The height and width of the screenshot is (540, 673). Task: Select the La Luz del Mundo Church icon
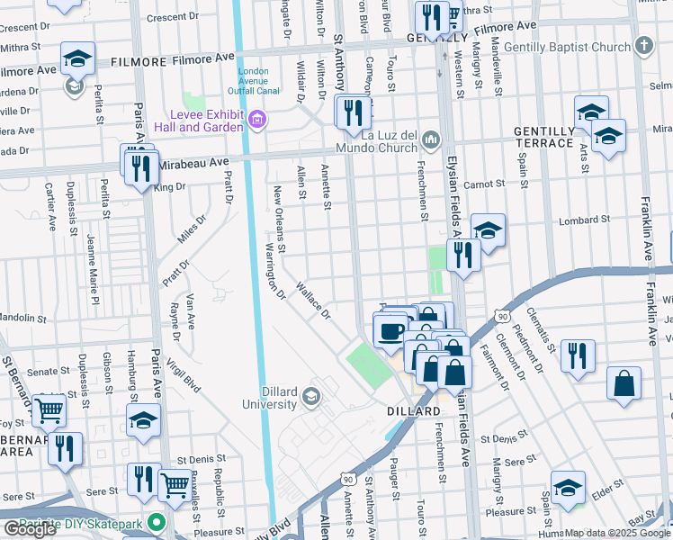click(432, 138)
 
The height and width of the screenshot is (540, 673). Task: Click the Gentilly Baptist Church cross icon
click(643, 45)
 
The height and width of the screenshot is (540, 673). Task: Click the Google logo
click(30, 529)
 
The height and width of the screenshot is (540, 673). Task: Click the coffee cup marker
click(390, 330)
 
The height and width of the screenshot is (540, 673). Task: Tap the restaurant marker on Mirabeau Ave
click(140, 168)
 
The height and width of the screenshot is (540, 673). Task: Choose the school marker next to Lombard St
click(487, 231)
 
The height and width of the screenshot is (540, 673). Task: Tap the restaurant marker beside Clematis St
click(577, 355)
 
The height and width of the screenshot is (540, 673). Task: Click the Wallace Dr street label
click(314, 301)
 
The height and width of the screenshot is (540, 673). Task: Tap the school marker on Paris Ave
click(143, 419)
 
